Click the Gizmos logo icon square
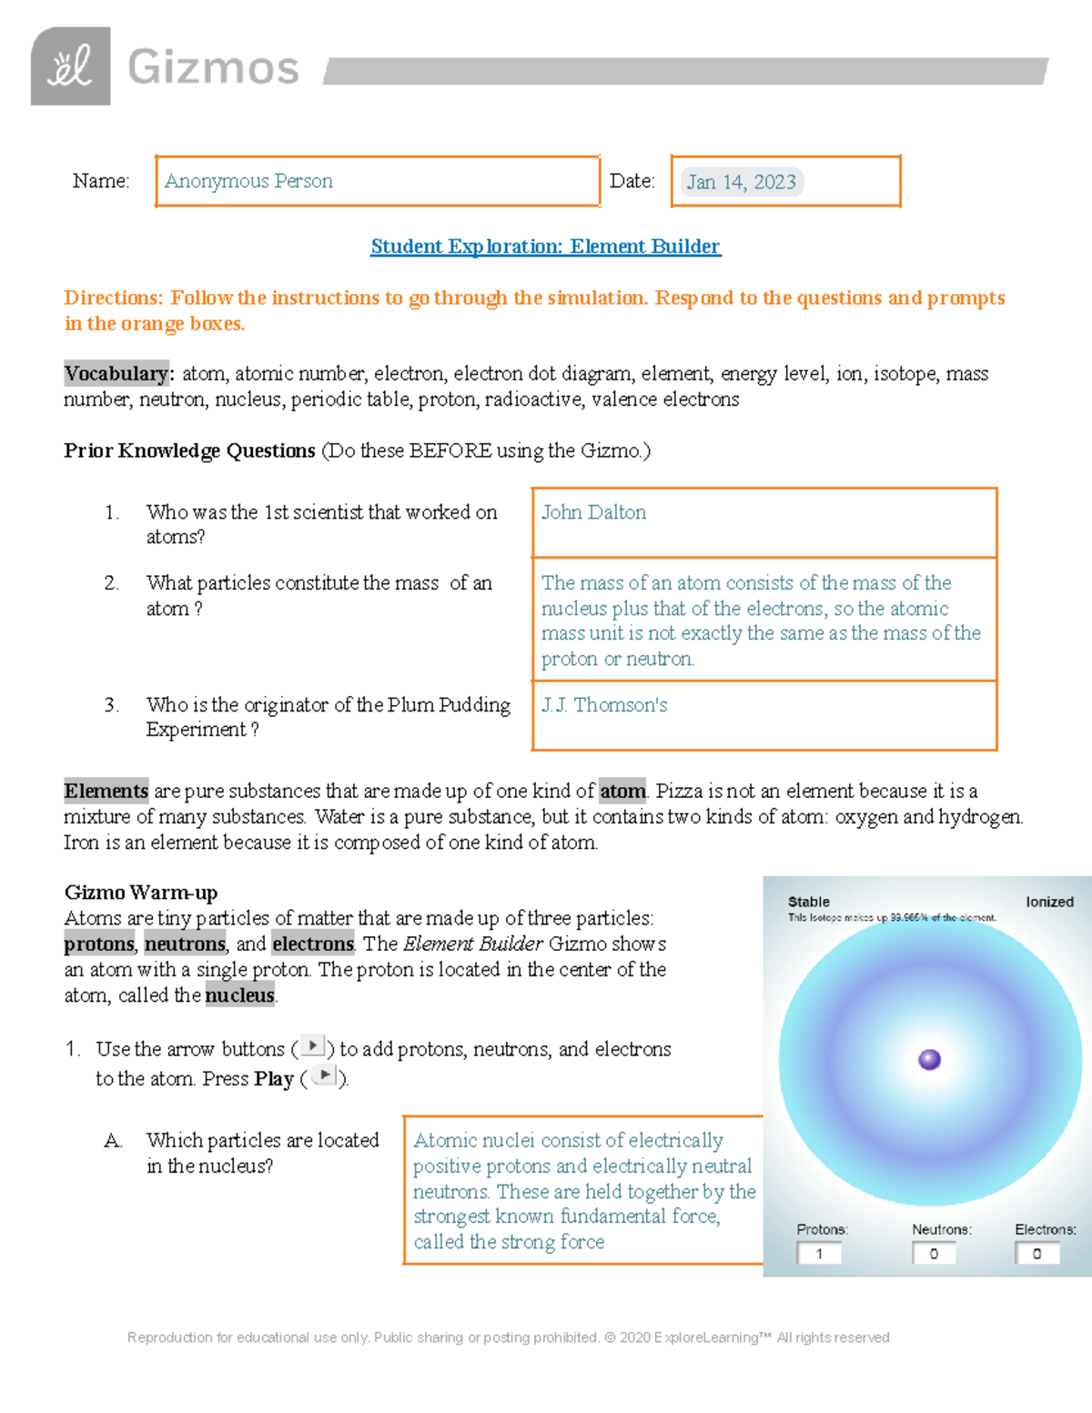(x=70, y=66)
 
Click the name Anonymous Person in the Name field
(x=248, y=181)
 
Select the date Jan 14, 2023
(x=741, y=182)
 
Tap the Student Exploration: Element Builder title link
(x=545, y=247)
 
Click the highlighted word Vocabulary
(x=116, y=374)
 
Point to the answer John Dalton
(x=593, y=512)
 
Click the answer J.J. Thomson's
(x=604, y=705)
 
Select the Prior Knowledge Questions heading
(x=189, y=450)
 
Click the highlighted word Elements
(x=106, y=791)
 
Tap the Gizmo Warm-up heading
(x=140, y=892)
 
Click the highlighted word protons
(x=98, y=944)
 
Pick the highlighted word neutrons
(x=185, y=944)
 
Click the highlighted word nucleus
(x=239, y=995)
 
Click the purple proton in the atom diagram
(x=929, y=1059)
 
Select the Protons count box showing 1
(x=819, y=1254)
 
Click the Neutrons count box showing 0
(x=934, y=1254)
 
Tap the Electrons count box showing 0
(x=1036, y=1254)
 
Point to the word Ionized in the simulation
(x=1049, y=902)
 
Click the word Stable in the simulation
(x=808, y=902)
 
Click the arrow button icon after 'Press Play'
(x=324, y=1075)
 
